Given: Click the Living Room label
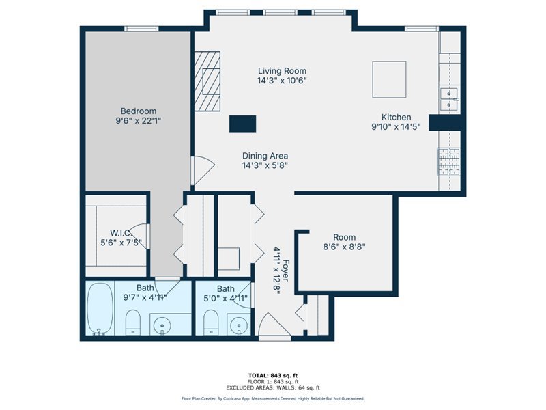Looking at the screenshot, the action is [x=282, y=71].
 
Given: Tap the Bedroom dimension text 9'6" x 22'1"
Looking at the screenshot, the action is [x=139, y=121].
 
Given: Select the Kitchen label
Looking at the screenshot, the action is [x=397, y=117].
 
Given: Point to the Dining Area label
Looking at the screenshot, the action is [x=265, y=156].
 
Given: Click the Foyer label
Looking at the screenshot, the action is [x=285, y=270].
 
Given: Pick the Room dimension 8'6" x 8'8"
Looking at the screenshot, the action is [x=345, y=247].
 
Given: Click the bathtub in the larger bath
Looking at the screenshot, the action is [x=100, y=309].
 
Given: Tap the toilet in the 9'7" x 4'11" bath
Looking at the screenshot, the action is [x=132, y=322].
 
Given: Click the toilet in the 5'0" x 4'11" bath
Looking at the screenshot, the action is [x=211, y=322].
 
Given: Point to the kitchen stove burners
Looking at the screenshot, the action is [x=448, y=161].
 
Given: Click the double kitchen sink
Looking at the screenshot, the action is [x=449, y=99].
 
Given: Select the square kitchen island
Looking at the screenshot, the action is [x=389, y=80].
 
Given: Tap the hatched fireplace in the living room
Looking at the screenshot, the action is [x=207, y=81].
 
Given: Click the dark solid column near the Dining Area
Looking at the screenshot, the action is [x=243, y=124].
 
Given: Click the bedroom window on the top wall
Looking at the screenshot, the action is [x=141, y=29].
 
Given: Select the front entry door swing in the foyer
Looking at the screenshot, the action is [x=274, y=325].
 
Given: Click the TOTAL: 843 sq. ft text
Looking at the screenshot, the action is [x=273, y=375].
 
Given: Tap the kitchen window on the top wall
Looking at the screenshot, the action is [x=422, y=29].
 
